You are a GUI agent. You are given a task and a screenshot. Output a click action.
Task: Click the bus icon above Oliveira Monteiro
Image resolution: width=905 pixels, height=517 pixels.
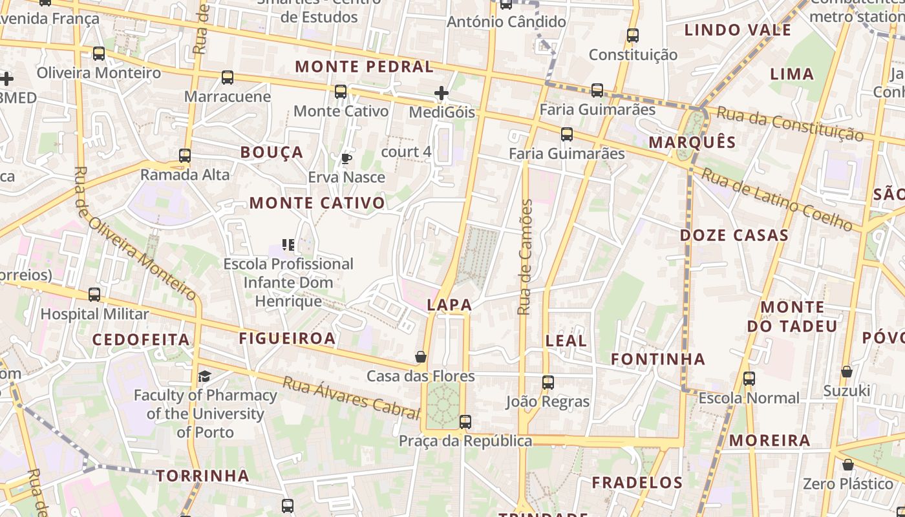(x=99, y=54)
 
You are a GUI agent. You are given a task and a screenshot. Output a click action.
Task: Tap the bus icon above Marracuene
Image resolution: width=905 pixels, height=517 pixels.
(x=228, y=78)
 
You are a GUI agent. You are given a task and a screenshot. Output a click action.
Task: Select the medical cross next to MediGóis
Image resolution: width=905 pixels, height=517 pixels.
(x=442, y=94)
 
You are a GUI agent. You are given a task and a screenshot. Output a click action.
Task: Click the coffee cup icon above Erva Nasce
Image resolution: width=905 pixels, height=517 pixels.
(x=346, y=158)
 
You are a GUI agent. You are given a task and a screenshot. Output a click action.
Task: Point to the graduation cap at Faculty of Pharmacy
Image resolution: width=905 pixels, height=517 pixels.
(x=204, y=376)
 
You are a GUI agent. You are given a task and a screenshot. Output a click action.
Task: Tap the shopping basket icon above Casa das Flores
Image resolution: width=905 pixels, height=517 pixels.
(x=421, y=357)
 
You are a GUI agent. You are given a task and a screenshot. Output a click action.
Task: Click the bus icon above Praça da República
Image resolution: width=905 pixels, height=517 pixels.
(x=465, y=422)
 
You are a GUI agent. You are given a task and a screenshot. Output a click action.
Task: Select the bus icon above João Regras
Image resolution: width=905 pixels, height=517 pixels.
(x=548, y=383)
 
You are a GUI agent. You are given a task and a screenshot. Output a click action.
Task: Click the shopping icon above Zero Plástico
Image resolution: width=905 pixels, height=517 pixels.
(x=847, y=465)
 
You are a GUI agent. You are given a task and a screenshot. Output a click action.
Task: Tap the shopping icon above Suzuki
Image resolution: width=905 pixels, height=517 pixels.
(x=847, y=372)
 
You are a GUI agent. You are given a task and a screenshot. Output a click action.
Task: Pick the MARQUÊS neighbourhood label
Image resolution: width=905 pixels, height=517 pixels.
(x=692, y=142)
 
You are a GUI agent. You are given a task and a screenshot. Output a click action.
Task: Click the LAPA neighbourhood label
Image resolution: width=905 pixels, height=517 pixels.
(x=449, y=305)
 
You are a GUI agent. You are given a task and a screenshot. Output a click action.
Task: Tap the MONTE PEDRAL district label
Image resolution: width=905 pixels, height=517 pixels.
(x=364, y=67)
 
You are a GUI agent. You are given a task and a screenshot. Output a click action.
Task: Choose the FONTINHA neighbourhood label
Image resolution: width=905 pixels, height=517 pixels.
(x=658, y=359)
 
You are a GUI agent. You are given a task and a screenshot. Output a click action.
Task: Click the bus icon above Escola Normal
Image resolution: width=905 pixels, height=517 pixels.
(x=749, y=379)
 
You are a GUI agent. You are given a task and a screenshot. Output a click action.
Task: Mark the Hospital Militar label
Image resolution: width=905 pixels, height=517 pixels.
(x=94, y=314)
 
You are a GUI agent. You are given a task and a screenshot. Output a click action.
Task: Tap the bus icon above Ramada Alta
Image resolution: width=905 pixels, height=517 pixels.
(x=185, y=156)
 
